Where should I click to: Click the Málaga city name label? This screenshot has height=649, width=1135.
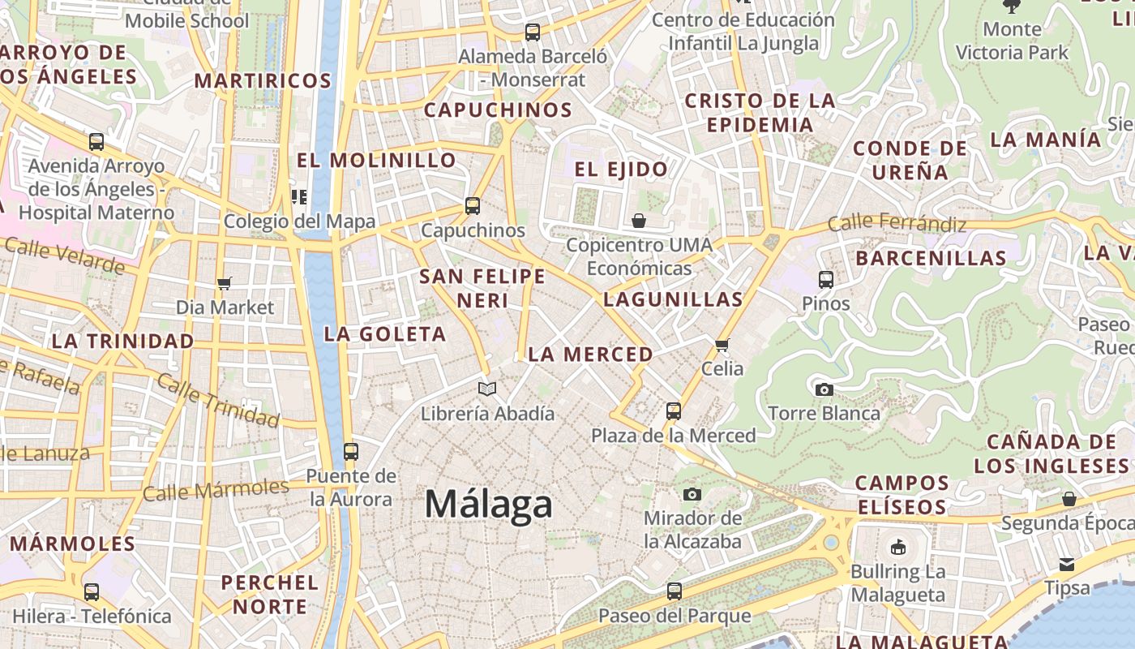[489, 504]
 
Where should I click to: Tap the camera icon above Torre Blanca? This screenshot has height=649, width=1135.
[824, 389]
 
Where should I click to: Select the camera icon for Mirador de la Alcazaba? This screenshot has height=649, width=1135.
[692, 494]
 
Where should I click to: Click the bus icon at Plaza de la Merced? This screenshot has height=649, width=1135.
[674, 411]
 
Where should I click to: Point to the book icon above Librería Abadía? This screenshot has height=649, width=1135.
[486, 389]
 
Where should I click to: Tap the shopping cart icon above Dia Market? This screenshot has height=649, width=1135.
[225, 283]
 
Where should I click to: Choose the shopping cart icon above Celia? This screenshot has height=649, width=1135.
[722, 344]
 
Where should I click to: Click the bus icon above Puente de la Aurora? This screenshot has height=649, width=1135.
[351, 452]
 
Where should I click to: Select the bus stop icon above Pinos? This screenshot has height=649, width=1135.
[826, 280]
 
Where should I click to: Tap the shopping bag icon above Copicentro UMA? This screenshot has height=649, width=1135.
[639, 221]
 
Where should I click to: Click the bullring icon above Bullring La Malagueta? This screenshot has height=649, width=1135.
[897, 548]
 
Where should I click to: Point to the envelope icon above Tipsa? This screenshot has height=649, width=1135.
[1067, 564]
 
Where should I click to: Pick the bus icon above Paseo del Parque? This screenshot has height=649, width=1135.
[675, 591]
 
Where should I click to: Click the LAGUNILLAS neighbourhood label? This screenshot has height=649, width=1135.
[673, 299]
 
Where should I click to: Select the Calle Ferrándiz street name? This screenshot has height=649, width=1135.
[897, 222]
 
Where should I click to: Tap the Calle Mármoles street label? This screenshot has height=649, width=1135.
[216, 490]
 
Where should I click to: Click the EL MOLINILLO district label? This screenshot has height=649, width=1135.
[376, 160]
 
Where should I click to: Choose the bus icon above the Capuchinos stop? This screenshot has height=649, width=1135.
[473, 206]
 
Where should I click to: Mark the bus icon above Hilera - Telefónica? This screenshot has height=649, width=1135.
[92, 592]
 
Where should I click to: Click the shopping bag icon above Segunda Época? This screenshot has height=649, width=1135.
[1069, 499]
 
